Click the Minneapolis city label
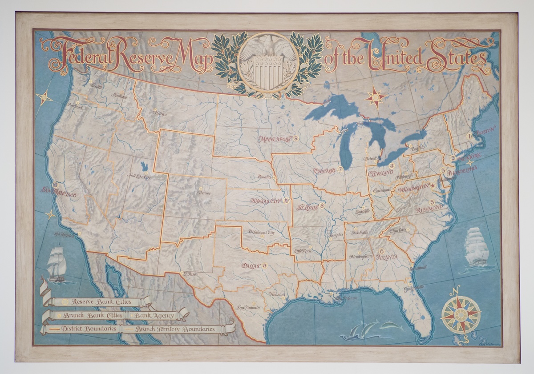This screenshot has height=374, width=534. [275, 139]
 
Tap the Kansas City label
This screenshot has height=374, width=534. [267, 201]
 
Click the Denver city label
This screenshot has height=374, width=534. [204, 193]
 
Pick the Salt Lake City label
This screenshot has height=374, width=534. [140, 176]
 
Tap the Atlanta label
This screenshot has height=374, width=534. [387, 257]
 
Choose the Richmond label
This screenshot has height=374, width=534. [429, 208]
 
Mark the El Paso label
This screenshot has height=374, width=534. [190, 274]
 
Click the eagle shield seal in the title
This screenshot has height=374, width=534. [268, 62]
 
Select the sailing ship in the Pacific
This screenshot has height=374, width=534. [57, 264]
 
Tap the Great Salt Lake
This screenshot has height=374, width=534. [145, 167]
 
